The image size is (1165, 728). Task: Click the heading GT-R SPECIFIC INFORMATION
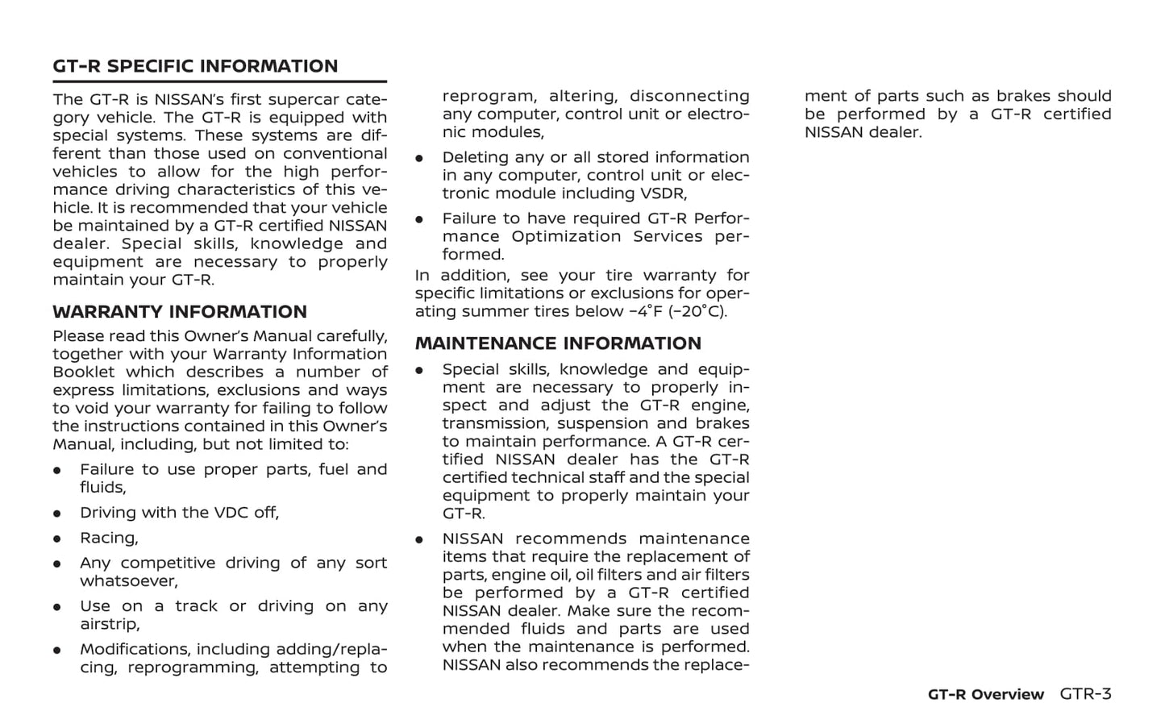click(195, 66)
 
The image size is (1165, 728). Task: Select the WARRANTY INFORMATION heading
click(180, 312)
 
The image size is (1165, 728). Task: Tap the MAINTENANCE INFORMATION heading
click(558, 343)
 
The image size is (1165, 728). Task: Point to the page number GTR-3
click(1085, 694)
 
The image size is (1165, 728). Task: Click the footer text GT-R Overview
click(985, 695)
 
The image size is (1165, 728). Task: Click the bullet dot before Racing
click(57, 539)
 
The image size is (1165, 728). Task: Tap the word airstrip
click(109, 624)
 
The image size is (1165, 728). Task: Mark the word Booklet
click(84, 372)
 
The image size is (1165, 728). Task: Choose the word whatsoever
click(128, 581)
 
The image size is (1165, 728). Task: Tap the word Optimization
click(566, 236)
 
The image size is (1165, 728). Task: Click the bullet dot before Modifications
click(57, 650)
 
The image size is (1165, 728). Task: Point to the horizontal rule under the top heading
click(219, 81)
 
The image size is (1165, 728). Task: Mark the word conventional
click(335, 153)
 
